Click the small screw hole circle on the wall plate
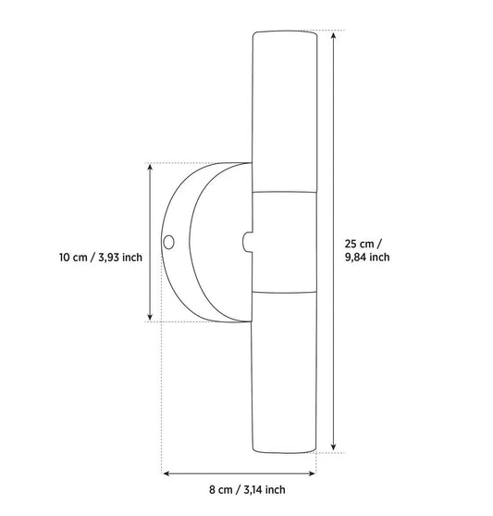tap(168, 243)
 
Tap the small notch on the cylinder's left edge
tap(248, 242)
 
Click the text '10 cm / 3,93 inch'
tap(101, 257)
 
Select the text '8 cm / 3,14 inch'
tap(247, 490)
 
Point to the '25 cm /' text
tap(364, 244)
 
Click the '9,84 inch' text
tap(367, 257)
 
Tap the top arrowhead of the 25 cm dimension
tap(334, 35)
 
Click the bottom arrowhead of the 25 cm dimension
tap(334, 447)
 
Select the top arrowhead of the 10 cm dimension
tap(150, 168)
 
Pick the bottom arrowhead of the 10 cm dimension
tap(150, 317)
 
